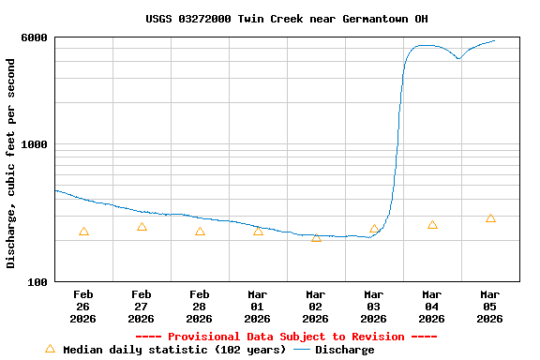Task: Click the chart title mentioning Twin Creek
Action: (x=288, y=19)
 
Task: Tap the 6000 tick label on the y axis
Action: (x=36, y=37)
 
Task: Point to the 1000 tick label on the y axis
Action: (x=36, y=144)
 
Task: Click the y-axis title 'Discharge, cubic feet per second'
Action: (x=11, y=163)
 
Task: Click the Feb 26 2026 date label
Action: (x=83, y=307)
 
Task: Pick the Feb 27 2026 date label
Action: (x=142, y=307)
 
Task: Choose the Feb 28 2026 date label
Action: (x=200, y=307)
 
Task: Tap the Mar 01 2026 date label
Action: (x=258, y=307)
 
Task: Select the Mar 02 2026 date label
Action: (x=316, y=307)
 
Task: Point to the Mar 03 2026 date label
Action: (x=374, y=307)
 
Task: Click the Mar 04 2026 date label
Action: (x=432, y=307)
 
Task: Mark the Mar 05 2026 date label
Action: (x=490, y=307)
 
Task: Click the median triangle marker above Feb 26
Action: (x=83, y=232)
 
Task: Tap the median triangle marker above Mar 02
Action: (x=316, y=237)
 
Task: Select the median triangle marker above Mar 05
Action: (x=490, y=218)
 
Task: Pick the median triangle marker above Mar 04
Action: (x=432, y=225)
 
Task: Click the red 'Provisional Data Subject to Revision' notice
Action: (x=286, y=337)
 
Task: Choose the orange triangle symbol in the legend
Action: (x=51, y=349)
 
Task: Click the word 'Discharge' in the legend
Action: (x=344, y=350)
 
